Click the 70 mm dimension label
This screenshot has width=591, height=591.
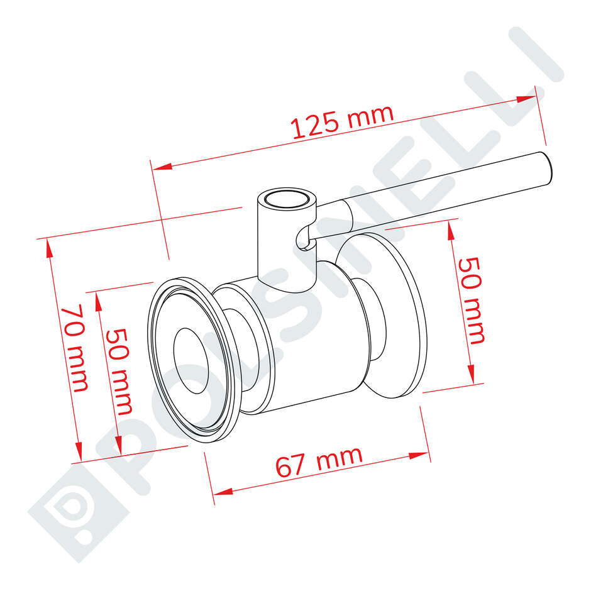pos(75,348)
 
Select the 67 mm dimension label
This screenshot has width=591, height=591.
pos(319,461)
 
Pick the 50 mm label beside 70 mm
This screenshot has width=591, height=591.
pos(119,371)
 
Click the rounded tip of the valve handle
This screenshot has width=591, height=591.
pos(546,168)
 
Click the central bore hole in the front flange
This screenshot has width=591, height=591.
pos(191,361)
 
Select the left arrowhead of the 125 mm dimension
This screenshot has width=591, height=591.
pos(162,167)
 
